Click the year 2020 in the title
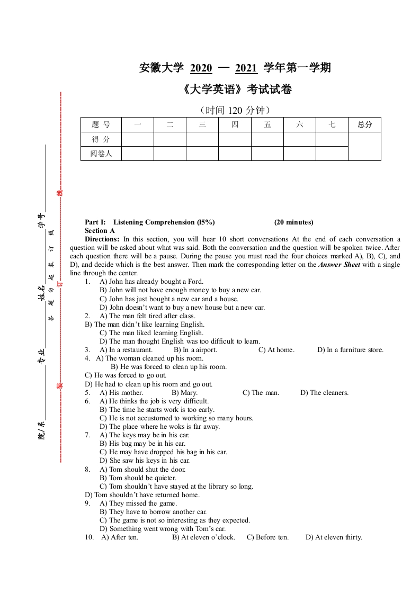point(201,68)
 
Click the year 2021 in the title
point(246,68)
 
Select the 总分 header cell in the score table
point(364,125)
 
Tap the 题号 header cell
point(101,125)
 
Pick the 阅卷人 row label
point(101,154)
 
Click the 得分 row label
point(101,139)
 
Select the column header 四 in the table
point(235,125)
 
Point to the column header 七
point(332,125)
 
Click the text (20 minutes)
point(293,222)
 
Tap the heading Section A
point(100,231)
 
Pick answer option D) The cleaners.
point(324,393)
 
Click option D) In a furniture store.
point(350,350)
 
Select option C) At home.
point(276,350)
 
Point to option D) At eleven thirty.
point(334,537)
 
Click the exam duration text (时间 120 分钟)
point(236,110)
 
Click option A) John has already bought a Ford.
point(151,282)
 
